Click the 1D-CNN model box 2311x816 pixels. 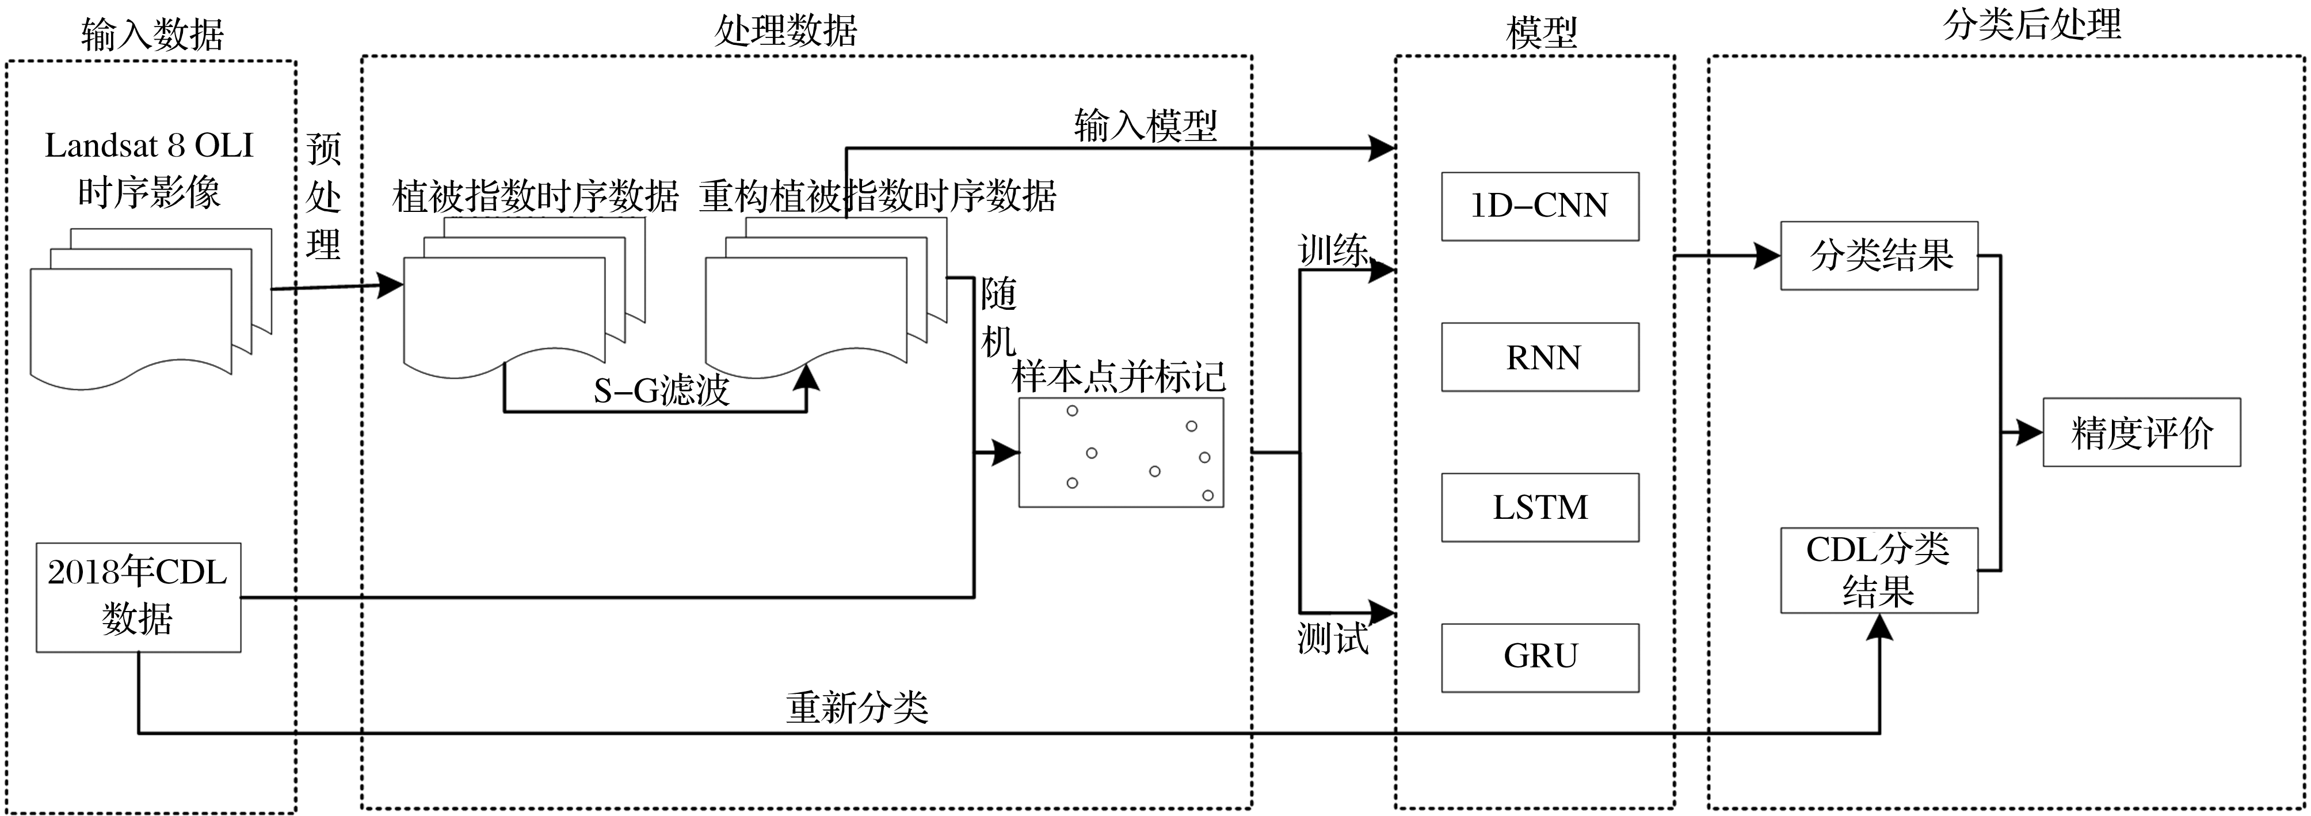(1539, 207)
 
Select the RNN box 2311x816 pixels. (1539, 357)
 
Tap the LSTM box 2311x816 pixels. (1539, 507)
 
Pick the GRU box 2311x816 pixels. (1539, 657)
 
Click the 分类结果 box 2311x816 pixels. (1879, 256)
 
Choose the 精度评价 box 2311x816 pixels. (2141, 432)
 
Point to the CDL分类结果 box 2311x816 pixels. (1879, 570)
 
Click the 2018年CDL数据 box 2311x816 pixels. (138, 597)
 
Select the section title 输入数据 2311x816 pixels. (152, 34)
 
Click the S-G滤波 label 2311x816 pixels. (661, 390)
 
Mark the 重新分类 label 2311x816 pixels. (857, 708)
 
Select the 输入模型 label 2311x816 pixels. (1146, 126)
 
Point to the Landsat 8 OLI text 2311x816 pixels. (149, 146)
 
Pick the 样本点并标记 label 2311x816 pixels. (1119, 377)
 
